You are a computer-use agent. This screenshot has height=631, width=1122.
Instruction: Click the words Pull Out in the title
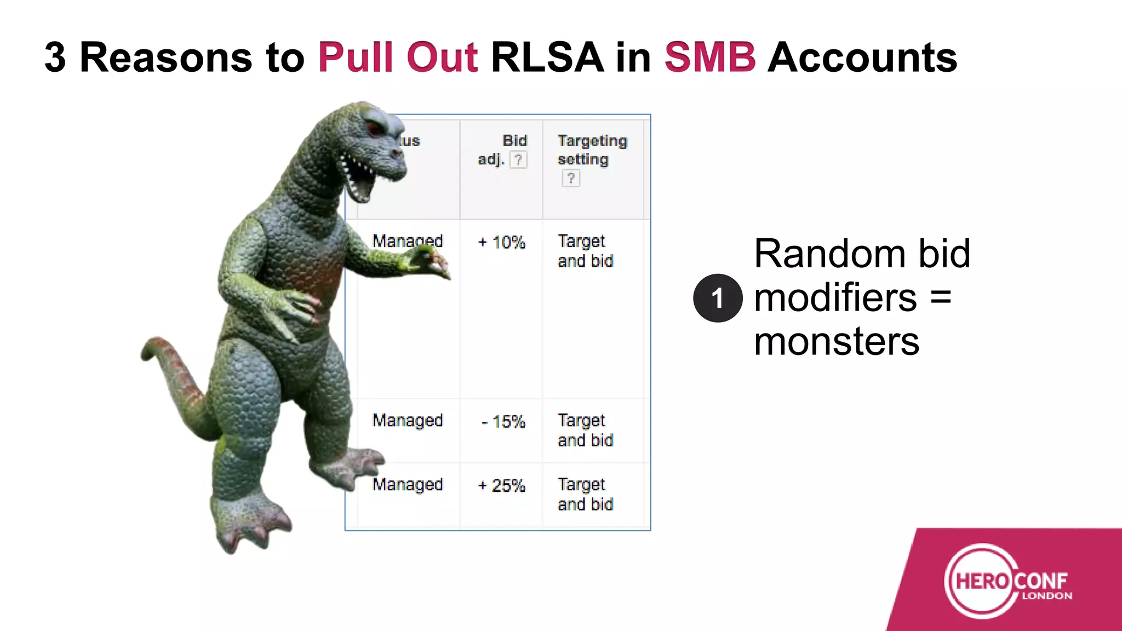398,58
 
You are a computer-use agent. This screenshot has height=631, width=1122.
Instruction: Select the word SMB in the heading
710,58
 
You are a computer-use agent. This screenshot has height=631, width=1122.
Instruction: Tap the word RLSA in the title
547,58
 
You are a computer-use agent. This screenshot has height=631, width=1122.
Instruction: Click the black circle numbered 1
718,298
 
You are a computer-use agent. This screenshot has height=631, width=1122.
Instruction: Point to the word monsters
837,342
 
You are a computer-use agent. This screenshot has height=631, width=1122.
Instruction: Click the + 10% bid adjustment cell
501,242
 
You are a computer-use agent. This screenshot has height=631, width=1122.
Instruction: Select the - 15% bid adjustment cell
503,422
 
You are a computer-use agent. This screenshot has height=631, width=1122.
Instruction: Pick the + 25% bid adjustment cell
501,485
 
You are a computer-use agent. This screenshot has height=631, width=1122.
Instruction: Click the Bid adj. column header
502,150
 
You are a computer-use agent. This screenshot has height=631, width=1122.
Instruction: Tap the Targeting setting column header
592,150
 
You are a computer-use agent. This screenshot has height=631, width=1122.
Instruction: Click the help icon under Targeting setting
570,178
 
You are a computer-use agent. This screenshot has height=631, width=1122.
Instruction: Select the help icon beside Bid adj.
518,159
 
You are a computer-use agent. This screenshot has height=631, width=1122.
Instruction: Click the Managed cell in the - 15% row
408,421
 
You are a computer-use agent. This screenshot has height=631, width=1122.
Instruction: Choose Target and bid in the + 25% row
585,495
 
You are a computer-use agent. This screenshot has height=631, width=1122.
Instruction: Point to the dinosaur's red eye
375,129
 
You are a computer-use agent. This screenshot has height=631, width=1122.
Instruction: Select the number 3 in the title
55,58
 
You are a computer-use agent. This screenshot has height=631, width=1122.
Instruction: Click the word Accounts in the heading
862,58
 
